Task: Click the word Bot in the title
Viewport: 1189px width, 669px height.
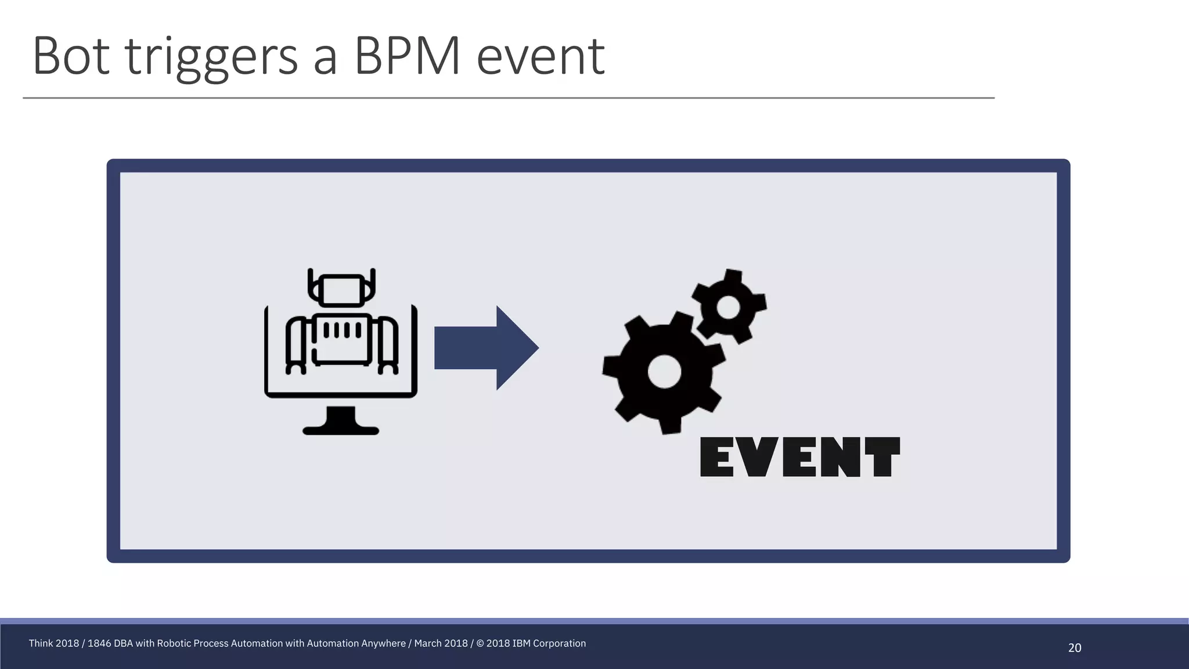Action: coord(71,56)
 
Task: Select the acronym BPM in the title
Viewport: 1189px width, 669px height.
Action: coord(407,56)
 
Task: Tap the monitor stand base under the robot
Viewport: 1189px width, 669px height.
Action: coord(341,430)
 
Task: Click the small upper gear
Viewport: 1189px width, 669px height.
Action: coord(729,306)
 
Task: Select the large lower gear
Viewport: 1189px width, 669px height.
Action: coord(664,372)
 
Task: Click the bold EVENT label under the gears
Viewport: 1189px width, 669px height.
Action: coord(800,458)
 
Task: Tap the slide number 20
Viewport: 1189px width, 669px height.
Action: coord(1075,648)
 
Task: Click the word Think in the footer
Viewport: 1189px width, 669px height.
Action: coord(41,643)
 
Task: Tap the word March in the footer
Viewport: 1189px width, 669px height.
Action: coord(428,643)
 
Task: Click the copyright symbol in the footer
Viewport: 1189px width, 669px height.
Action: coord(480,643)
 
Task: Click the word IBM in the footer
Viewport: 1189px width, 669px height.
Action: coord(521,643)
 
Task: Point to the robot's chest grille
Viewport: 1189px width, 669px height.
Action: coord(342,330)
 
